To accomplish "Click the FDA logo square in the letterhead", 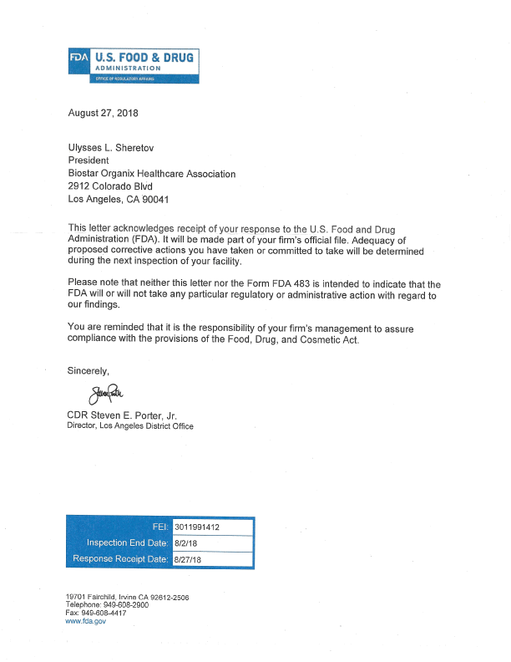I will pyautogui.click(x=81, y=59).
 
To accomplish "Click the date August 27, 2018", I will pyautogui.click(x=103, y=113).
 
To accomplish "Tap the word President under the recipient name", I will pyautogui.click(x=88, y=160).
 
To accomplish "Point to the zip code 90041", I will pyautogui.click(x=159, y=200).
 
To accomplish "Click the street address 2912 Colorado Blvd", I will pyautogui.click(x=109, y=186).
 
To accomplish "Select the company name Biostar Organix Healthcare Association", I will pyautogui.click(x=151, y=174).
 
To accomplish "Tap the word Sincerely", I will pyautogui.click(x=89, y=369).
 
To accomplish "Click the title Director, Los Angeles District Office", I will pyautogui.click(x=129, y=426).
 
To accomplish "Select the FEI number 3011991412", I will pyautogui.click(x=197, y=527).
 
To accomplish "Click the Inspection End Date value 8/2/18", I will pyautogui.click(x=185, y=543).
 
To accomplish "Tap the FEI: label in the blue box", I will pyautogui.click(x=160, y=527).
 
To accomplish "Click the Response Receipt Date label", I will pyautogui.click(x=121, y=559).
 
